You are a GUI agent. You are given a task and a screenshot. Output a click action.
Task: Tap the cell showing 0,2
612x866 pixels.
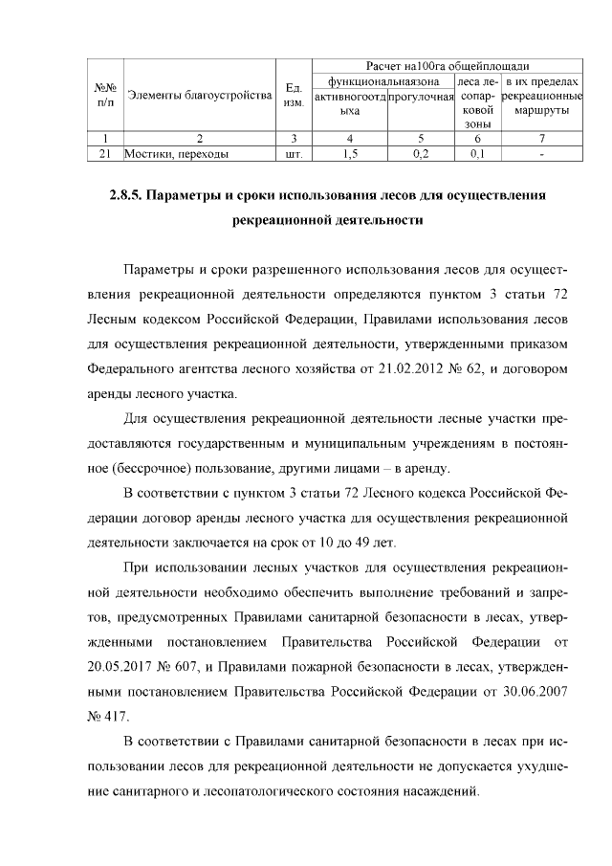pyautogui.click(x=419, y=153)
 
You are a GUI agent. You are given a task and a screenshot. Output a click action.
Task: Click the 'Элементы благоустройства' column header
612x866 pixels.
pyautogui.click(x=200, y=95)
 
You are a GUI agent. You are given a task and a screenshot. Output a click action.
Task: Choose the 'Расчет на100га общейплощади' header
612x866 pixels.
pyautogui.click(x=448, y=66)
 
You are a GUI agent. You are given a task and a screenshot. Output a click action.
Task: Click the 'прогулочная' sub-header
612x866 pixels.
pyautogui.click(x=420, y=98)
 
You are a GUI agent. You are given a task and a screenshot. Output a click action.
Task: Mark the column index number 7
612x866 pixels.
pyautogui.click(x=541, y=139)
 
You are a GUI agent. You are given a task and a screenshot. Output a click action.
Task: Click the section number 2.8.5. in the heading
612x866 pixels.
pyautogui.click(x=124, y=196)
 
